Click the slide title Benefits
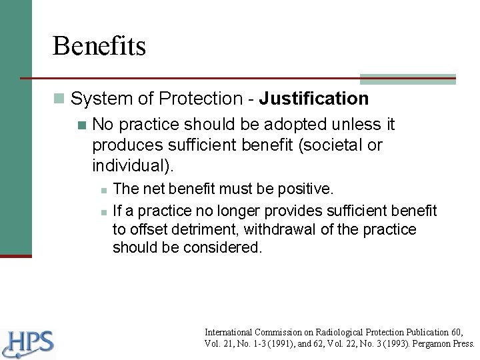pos(100,46)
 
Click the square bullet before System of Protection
pos(61,99)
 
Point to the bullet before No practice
pos(82,125)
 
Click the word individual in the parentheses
pos(125,164)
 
